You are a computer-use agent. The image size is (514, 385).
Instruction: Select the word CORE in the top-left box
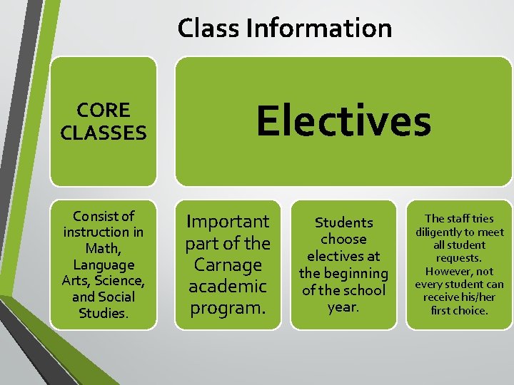(104, 111)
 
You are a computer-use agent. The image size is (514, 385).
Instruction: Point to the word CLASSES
(104, 133)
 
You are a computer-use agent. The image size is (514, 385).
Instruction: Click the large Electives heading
(344, 120)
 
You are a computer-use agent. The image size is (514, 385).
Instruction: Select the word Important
(228, 222)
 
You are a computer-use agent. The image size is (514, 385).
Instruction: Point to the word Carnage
(228, 265)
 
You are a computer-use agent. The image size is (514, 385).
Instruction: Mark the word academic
(228, 287)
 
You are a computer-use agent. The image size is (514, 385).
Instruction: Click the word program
(228, 309)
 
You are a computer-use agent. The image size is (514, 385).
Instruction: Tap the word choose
(343, 240)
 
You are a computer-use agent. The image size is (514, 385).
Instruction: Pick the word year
(343, 307)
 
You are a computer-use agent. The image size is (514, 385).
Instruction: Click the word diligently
(443, 232)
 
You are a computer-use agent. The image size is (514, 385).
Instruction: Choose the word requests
(459, 258)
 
